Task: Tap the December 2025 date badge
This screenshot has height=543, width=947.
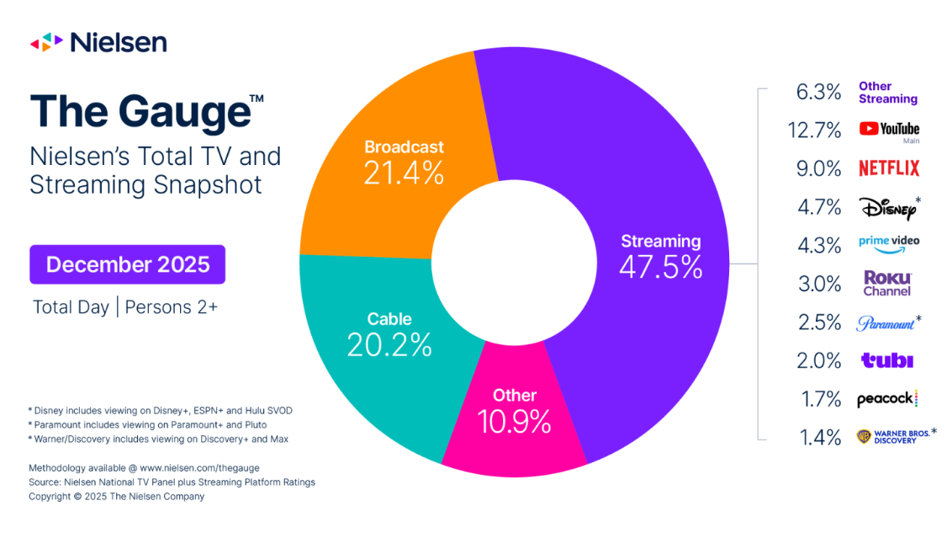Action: [x=127, y=264]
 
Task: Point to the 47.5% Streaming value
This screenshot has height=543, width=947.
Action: [x=660, y=267]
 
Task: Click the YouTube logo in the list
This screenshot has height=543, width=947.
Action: [x=888, y=129]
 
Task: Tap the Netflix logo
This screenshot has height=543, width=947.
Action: [x=888, y=168]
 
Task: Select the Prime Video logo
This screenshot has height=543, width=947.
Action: [x=888, y=242]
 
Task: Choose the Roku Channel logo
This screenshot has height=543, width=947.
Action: [x=887, y=283]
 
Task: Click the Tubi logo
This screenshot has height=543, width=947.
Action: [x=886, y=360]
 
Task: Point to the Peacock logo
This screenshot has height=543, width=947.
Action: [x=886, y=399]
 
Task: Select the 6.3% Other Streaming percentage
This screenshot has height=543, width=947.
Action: [x=819, y=92]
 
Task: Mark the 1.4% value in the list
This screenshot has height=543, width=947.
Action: [x=819, y=437]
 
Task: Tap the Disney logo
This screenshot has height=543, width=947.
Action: [x=886, y=206]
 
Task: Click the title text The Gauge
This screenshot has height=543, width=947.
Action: [x=139, y=111]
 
